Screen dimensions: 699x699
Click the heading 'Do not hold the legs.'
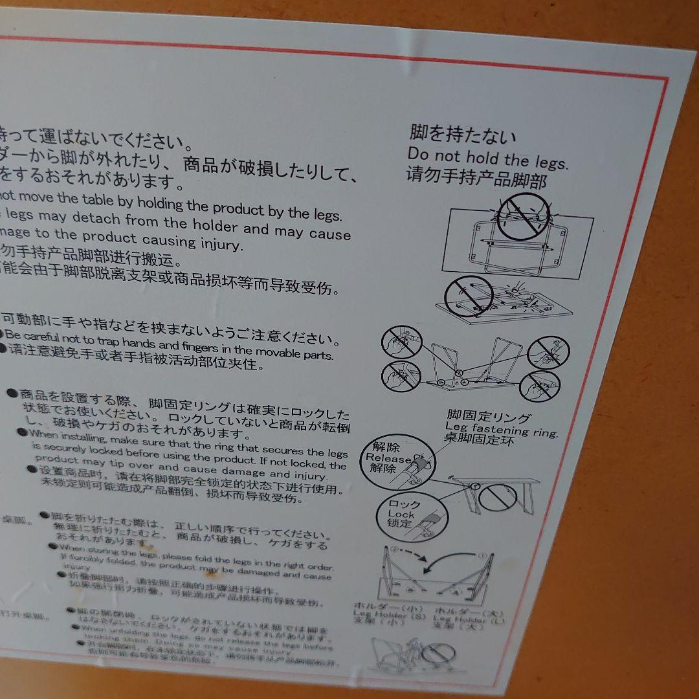487,158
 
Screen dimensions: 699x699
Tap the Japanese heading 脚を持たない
463,135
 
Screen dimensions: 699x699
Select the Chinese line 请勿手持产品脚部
476,177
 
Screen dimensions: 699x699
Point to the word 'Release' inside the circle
388,458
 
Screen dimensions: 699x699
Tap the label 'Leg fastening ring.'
501,429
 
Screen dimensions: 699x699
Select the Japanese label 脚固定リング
489,417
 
